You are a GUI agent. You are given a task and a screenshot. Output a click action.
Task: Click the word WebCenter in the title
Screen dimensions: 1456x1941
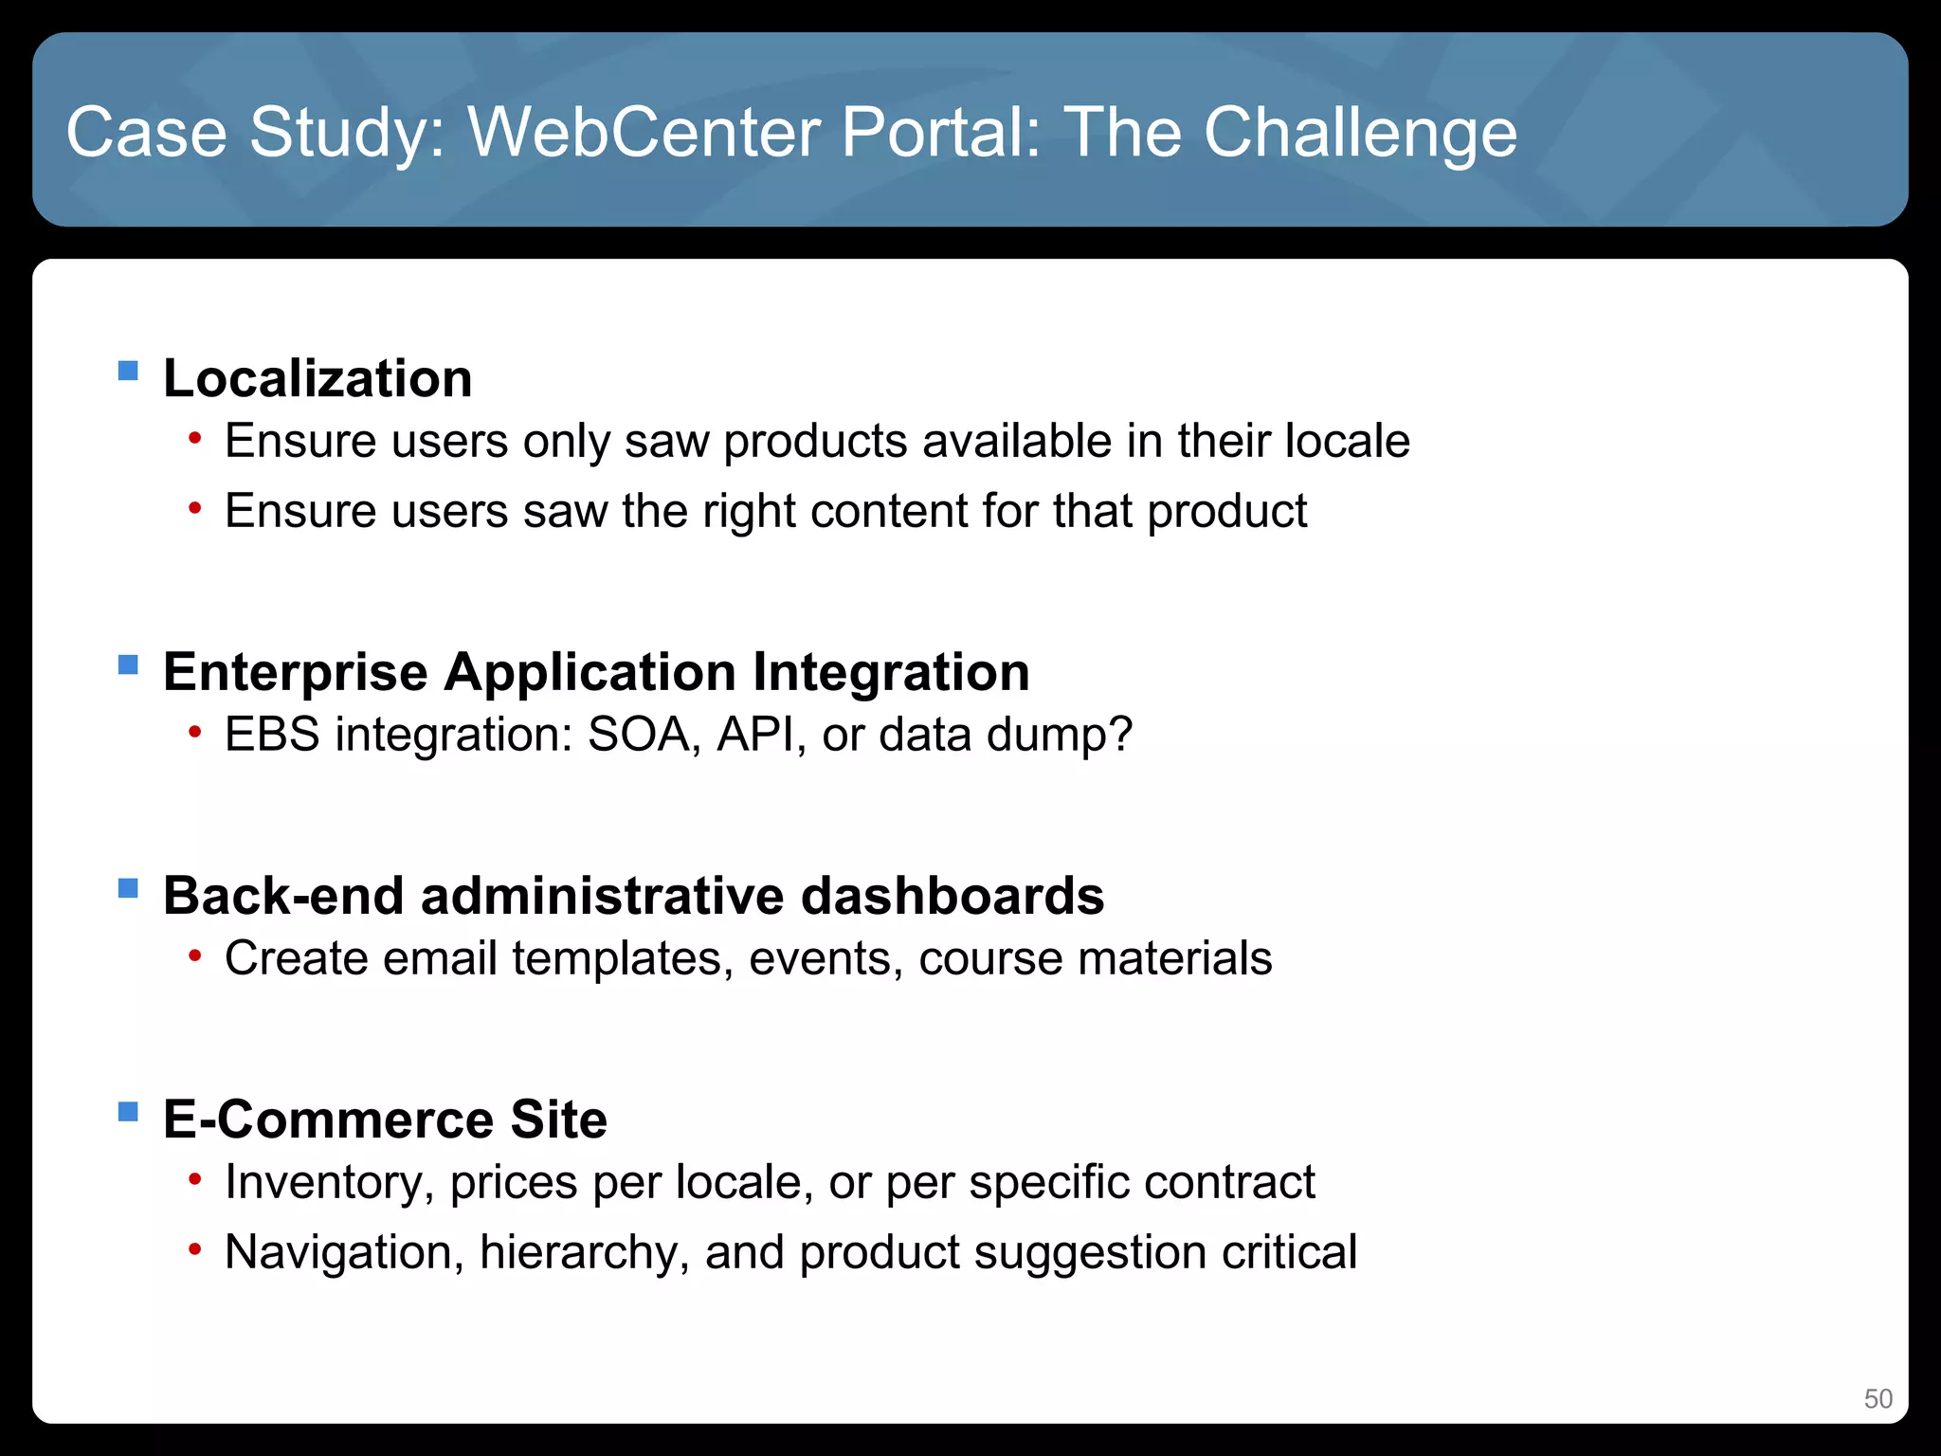pos(644,133)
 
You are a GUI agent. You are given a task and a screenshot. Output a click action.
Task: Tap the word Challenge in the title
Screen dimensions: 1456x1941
pos(1360,133)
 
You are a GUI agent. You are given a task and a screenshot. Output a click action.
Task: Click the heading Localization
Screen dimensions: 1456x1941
pos(317,378)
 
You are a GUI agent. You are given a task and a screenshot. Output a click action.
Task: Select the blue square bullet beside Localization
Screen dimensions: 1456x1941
pos(128,370)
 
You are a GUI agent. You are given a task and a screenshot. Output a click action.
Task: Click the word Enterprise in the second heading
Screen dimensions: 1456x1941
pos(295,672)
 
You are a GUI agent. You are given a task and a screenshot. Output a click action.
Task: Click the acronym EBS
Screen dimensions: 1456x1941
pos(272,735)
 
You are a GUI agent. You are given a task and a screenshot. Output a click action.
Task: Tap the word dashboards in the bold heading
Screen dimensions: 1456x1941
pos(952,896)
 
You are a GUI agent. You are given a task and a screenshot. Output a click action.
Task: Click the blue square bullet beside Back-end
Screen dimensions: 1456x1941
pos(128,888)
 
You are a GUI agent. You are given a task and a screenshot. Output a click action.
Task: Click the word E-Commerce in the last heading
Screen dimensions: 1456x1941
pos(327,1119)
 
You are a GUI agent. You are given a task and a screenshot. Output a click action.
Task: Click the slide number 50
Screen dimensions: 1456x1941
pos(1878,1399)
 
